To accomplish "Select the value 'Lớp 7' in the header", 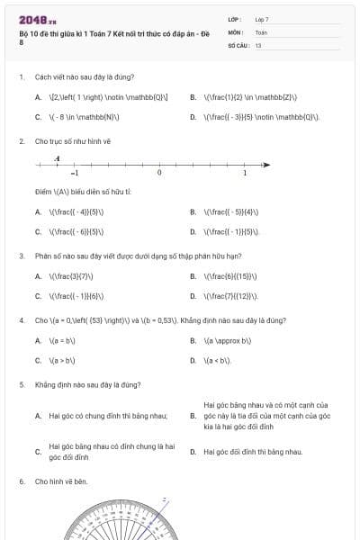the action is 262,19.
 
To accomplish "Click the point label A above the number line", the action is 57,159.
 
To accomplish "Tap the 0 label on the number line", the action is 159,173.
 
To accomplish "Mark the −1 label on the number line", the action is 75,173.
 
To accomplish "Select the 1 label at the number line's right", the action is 244,173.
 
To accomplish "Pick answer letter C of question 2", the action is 38,231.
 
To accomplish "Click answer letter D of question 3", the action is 193,295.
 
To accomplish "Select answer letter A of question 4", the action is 38,341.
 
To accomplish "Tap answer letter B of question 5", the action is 193,416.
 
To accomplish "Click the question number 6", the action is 21,481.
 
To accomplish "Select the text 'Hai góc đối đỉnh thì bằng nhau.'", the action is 253,452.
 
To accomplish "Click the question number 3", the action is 21,256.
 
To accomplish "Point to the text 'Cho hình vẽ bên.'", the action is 61,481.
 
